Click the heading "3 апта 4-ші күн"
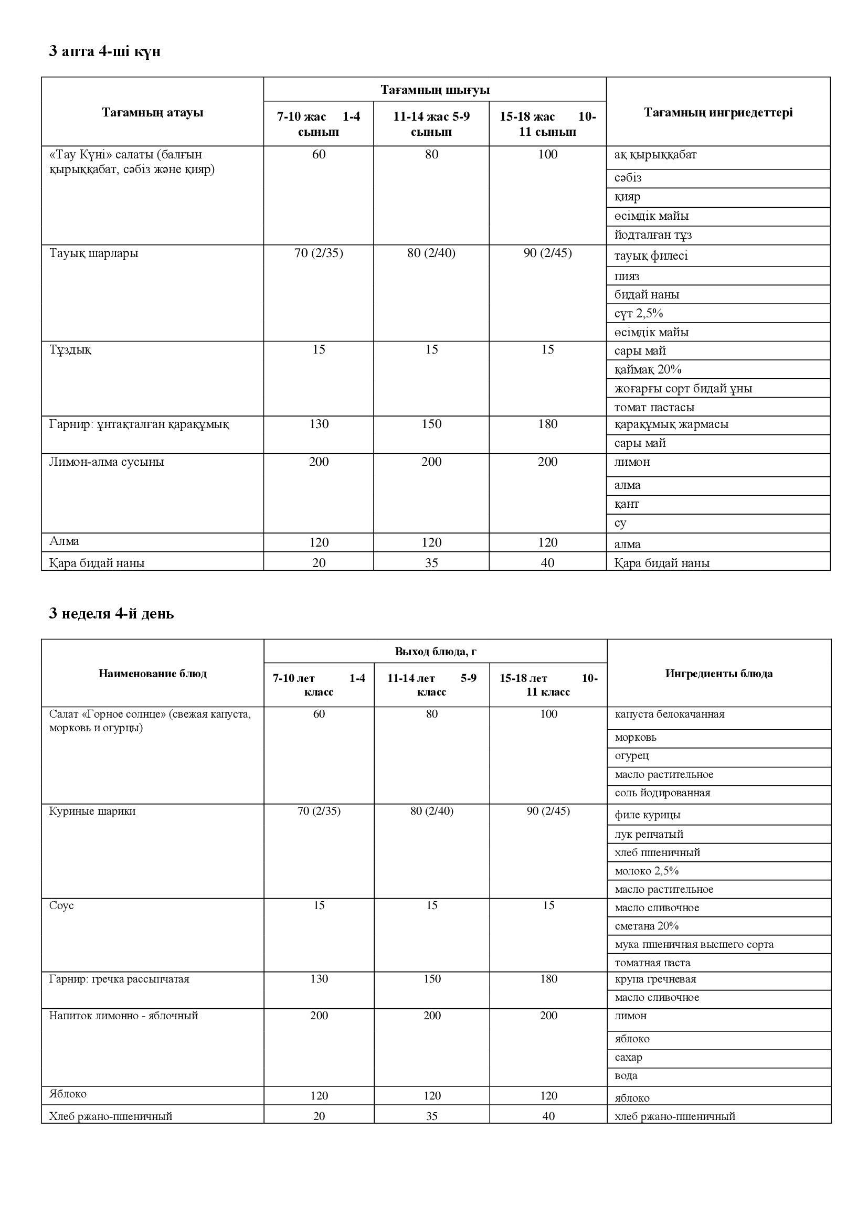(105, 52)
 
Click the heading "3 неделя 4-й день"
(111, 614)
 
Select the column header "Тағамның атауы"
(152, 113)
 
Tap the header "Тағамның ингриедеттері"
(718, 112)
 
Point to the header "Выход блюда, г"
(435, 652)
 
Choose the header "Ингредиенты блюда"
(718, 674)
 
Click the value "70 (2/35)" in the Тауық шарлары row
(319, 253)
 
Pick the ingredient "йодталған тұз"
(653, 234)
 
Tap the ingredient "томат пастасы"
(654, 407)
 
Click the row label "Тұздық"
(70, 349)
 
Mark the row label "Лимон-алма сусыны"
(107, 462)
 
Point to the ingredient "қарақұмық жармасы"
(671, 424)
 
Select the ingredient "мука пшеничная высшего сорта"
(694, 944)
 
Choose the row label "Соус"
(61, 905)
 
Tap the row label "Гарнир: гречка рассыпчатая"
(119, 979)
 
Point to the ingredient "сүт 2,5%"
(638, 313)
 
